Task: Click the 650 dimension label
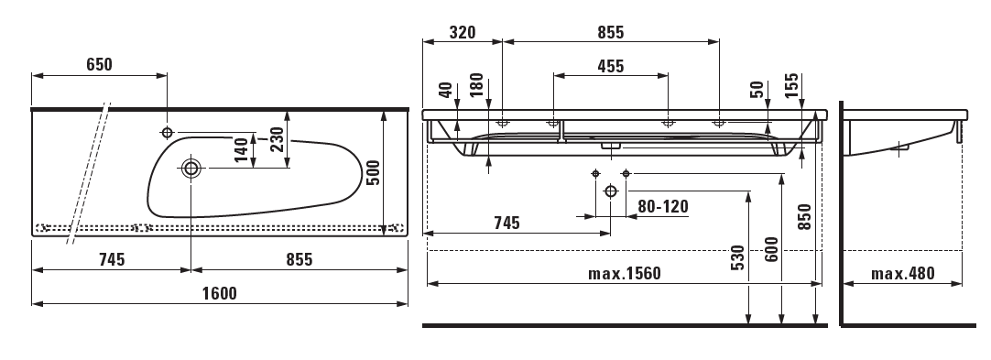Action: (99, 64)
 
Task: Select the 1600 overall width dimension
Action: (219, 294)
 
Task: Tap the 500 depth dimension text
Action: (373, 172)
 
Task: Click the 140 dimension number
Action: (242, 150)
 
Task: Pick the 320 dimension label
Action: (462, 32)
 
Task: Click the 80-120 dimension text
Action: (662, 206)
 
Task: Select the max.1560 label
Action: (625, 274)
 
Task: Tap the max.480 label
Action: (902, 274)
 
